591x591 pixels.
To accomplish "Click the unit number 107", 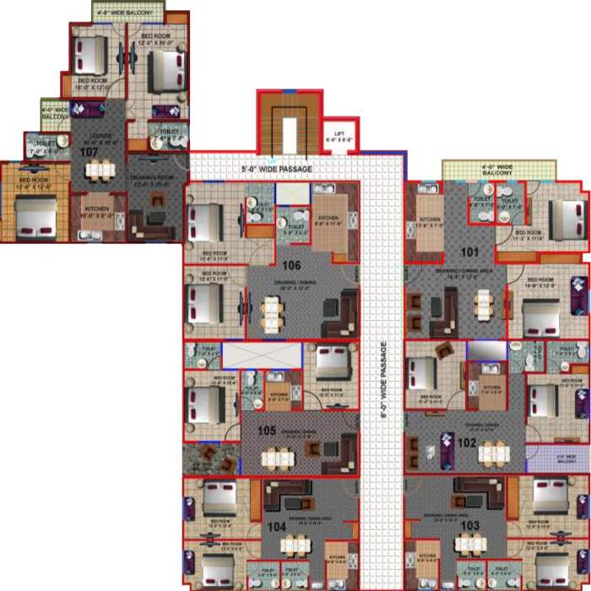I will (x=89, y=153).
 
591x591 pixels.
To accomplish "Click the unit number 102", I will (x=467, y=441).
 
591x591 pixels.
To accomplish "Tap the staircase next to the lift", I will (x=290, y=127).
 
